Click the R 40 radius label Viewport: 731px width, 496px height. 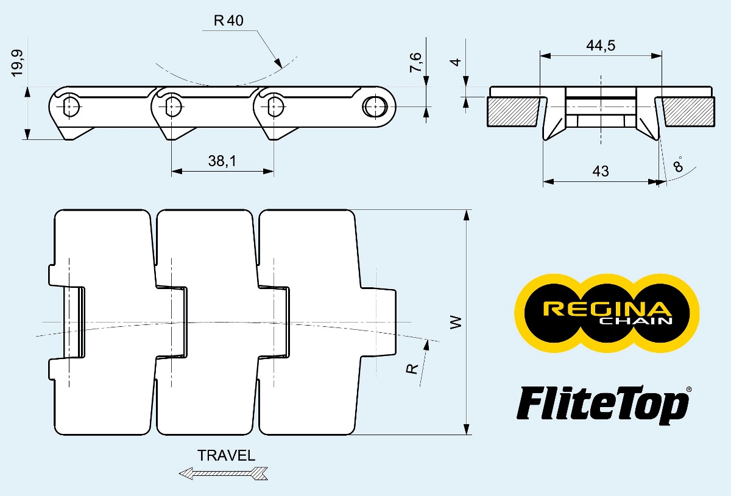click(x=228, y=21)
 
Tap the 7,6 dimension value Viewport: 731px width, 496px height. click(x=415, y=63)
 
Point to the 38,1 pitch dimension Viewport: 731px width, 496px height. click(x=222, y=161)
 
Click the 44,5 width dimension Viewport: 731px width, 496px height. click(x=600, y=46)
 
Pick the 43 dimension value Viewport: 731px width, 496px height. click(x=600, y=171)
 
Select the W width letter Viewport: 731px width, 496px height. click(x=455, y=322)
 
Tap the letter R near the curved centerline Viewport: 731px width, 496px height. click(x=414, y=368)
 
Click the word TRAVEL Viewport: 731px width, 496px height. click(x=227, y=455)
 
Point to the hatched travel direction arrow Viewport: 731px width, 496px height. click(x=224, y=473)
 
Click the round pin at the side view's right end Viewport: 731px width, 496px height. click(x=373, y=106)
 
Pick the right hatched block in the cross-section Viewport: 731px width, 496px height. click(x=689, y=111)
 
